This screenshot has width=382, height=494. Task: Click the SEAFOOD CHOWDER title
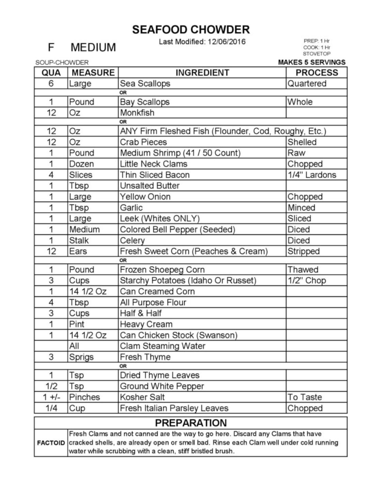[191, 30]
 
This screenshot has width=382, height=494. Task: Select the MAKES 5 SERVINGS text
[312, 62]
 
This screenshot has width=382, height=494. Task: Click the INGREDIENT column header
[202, 73]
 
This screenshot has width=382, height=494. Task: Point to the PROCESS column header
[317, 73]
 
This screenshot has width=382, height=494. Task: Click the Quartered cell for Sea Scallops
[307, 84]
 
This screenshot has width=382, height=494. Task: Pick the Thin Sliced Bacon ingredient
[155, 175]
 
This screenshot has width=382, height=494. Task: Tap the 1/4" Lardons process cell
[312, 175]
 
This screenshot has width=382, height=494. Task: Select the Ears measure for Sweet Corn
[78, 251]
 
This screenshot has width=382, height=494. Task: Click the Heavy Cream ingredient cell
[146, 324]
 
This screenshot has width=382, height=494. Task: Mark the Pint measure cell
[77, 324]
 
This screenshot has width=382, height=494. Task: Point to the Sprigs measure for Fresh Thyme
[81, 357]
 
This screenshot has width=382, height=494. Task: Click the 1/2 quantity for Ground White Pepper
[51, 386]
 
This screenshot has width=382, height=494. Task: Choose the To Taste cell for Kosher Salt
[304, 397]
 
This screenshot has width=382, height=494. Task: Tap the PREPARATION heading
[191, 423]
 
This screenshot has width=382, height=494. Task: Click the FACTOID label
[51, 443]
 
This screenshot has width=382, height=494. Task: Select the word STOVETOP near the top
[317, 54]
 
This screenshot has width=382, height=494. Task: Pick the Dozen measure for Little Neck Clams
[81, 164]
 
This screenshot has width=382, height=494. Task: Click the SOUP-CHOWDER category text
[62, 63]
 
